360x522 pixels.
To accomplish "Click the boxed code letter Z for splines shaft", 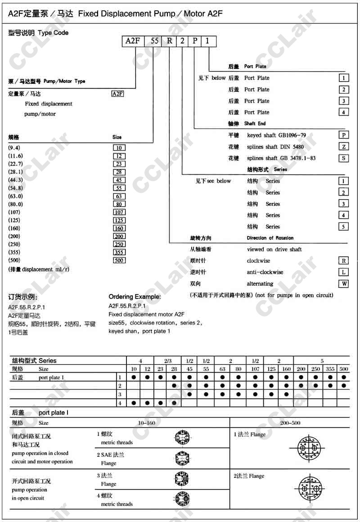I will pos(343,147).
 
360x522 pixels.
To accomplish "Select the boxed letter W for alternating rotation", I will pos(343,284).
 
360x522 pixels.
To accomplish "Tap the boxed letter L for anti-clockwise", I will pos(343,272).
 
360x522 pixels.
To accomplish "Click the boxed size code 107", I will pos(119,212).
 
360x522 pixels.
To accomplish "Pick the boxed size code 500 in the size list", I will pos(119,260).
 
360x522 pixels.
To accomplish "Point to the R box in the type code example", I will pos(169,41).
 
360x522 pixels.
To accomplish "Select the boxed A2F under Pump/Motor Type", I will pos(117,94).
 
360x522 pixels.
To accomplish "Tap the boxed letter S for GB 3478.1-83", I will pos(343,158).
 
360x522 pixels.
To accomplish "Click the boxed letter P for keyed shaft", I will pos(343,135).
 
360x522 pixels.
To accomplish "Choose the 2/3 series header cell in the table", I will pos(168,361).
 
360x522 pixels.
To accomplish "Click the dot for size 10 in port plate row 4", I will pos(134,403).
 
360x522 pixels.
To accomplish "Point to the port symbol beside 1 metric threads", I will pos(182,436).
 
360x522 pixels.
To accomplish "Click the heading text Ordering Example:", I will pos(135,297).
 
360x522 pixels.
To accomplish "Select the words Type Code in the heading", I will pos(54,33).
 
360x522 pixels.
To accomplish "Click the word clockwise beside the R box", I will pos(259,261).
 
